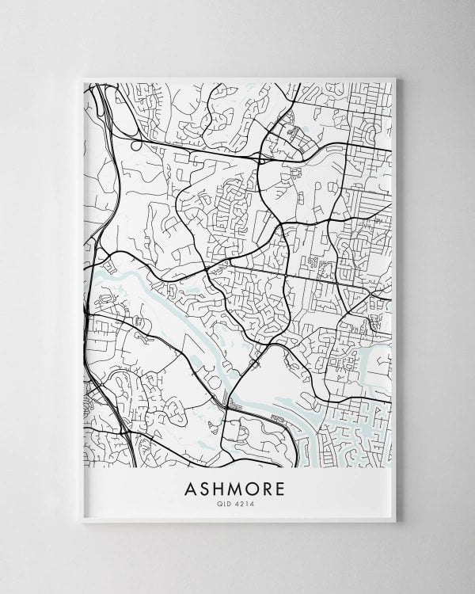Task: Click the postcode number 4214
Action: [x=247, y=505]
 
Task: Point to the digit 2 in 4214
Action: [x=245, y=505]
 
